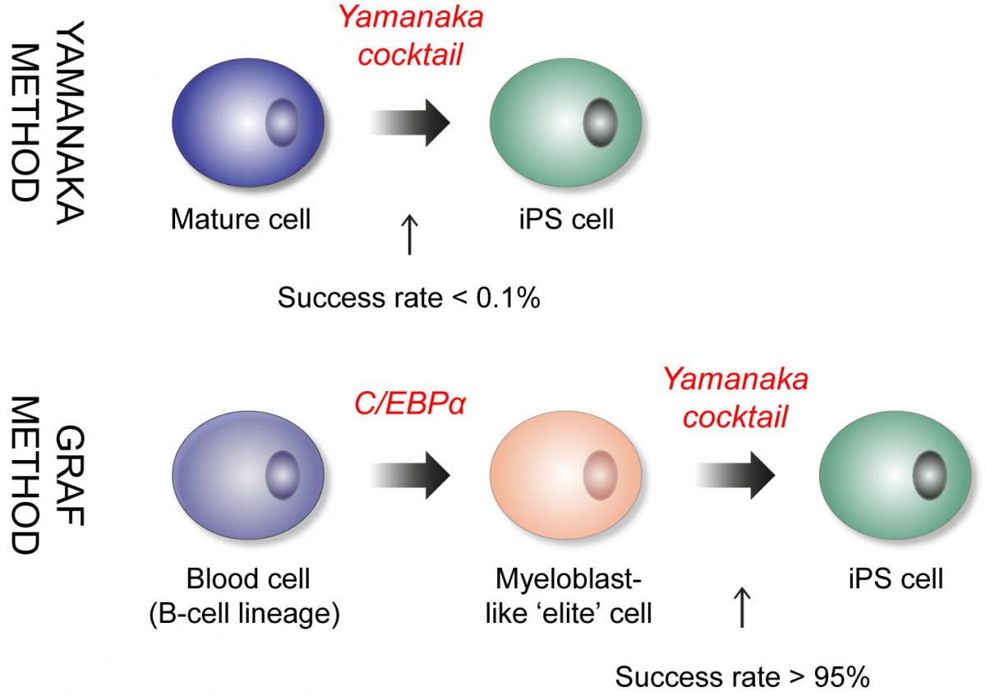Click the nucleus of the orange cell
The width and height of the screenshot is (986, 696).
[x=601, y=474]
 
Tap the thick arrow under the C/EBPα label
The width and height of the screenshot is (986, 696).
[x=411, y=474]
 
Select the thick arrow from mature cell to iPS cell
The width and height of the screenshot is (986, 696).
[x=411, y=123]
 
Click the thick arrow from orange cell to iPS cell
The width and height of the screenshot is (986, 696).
[x=735, y=474]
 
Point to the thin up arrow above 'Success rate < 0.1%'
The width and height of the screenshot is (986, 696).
[x=409, y=235]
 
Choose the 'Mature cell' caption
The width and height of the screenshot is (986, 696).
[x=241, y=220]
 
